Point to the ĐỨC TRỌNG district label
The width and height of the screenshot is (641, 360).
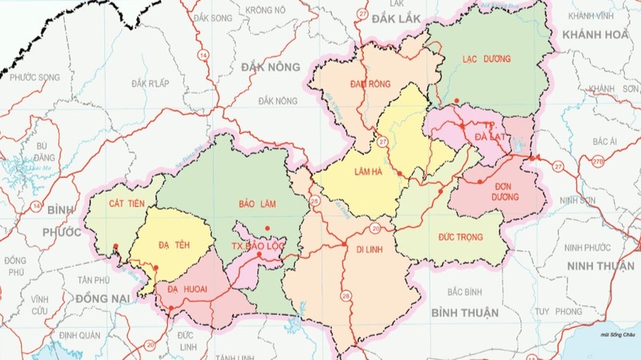tap(461, 237)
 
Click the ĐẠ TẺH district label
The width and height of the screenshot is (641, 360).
tap(174, 243)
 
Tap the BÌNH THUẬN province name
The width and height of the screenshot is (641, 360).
tap(464, 313)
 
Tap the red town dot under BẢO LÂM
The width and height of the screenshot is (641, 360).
tap(267, 229)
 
